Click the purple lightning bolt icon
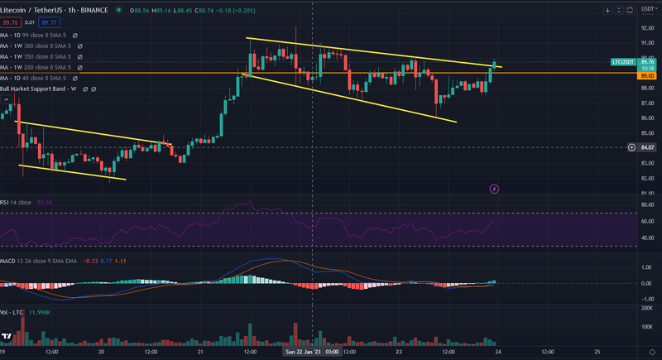(x=494, y=189)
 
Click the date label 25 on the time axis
(x=596, y=352)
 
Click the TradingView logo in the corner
(x=7, y=337)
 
